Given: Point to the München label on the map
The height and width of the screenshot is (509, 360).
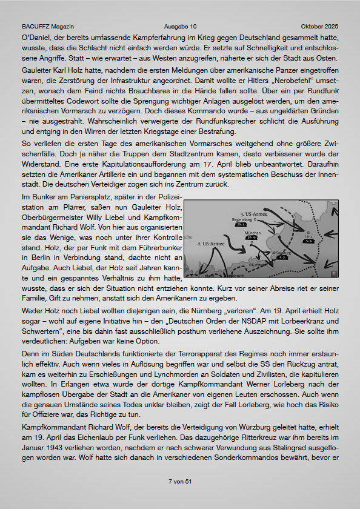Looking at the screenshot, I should (x=253, y=233).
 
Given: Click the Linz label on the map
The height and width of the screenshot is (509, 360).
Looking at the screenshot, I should (x=309, y=236).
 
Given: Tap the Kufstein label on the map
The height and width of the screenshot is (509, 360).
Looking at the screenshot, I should (x=257, y=265).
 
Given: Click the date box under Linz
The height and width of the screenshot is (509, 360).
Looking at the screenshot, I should (x=309, y=241).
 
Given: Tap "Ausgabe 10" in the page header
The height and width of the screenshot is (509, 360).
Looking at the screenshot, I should (x=180, y=27).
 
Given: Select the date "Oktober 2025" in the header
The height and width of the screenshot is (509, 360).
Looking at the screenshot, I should (x=319, y=27).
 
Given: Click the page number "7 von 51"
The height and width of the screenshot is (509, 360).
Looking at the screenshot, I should (x=180, y=481).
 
